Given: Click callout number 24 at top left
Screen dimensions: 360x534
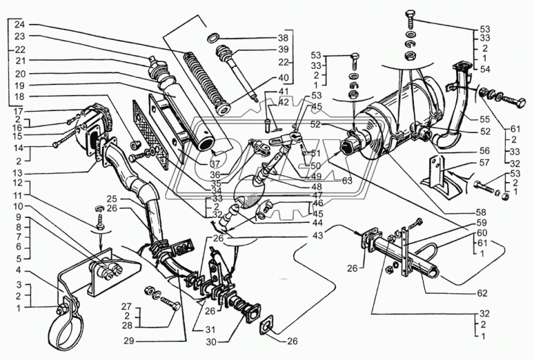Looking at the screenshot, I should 19,24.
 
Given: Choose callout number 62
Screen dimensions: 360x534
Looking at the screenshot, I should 481,292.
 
